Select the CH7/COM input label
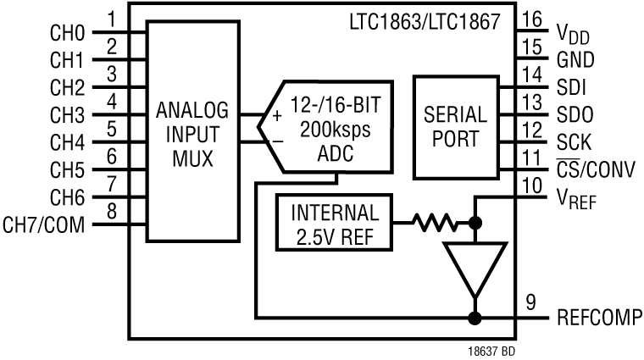[44, 226]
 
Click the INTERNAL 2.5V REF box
[334, 224]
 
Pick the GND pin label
[576, 62]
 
